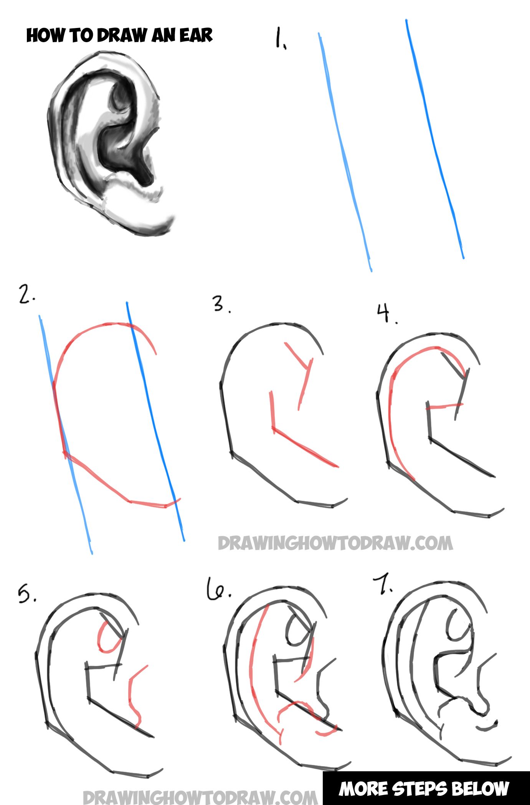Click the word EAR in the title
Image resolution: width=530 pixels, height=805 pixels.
tap(196, 35)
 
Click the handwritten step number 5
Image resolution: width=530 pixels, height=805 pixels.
tap(26, 595)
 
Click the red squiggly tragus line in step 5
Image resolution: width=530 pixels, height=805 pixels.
tap(134, 696)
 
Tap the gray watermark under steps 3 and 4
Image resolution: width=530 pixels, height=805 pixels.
tap(335, 544)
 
